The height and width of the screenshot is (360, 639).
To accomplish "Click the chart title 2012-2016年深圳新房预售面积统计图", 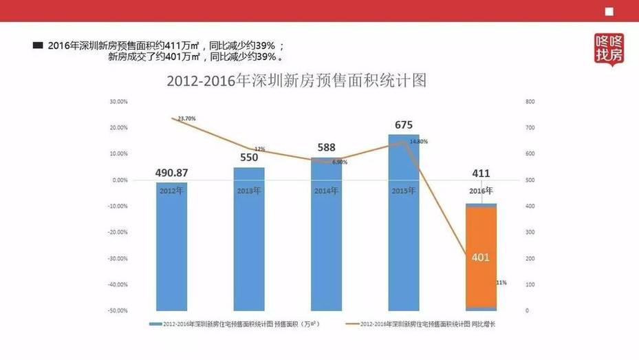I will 296,81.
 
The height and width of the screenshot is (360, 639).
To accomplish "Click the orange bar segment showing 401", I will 481,256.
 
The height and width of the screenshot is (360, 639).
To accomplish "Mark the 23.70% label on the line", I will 186,119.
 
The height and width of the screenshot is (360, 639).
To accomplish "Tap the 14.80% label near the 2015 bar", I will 418,142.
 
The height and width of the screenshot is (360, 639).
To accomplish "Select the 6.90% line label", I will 339,162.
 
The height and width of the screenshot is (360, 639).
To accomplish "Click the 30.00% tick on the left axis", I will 118,102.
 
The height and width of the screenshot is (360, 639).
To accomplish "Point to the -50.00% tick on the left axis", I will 117,311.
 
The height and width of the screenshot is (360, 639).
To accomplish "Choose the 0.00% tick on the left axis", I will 120,180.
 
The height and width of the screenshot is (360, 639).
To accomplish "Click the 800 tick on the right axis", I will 530,102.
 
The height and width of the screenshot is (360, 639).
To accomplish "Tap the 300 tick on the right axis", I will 530,233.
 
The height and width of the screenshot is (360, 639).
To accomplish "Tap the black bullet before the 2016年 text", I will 38,45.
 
